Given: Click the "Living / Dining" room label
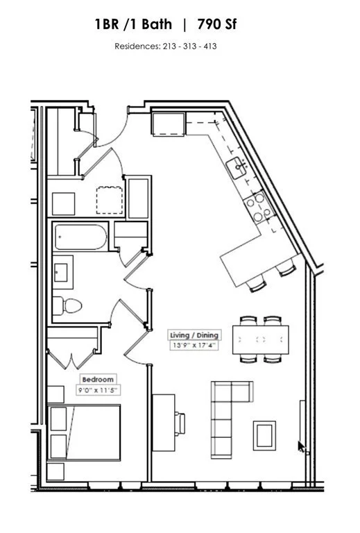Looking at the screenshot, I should [194, 335].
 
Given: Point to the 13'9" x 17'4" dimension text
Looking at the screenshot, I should [194, 345].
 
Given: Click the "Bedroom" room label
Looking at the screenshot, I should [98, 380].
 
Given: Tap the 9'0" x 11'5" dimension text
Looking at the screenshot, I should [98, 390].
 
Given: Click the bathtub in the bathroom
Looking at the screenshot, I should [81, 239].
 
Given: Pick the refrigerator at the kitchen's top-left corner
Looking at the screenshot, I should [168, 124].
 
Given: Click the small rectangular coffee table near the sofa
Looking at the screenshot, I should [264, 435].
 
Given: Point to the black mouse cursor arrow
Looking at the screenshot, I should [301, 446].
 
